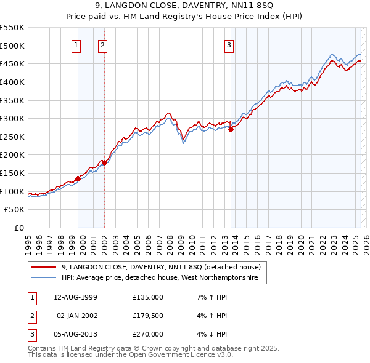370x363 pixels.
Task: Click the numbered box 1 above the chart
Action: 76,44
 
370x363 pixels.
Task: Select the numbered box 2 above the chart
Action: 102,44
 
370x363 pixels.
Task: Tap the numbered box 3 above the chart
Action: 229,44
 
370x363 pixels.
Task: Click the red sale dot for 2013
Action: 231,129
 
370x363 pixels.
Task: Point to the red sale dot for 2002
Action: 105,162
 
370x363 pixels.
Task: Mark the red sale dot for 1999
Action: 78,178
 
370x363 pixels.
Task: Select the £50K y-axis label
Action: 15,210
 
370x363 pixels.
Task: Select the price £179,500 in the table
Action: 147,315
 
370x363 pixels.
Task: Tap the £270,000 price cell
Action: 147,334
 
